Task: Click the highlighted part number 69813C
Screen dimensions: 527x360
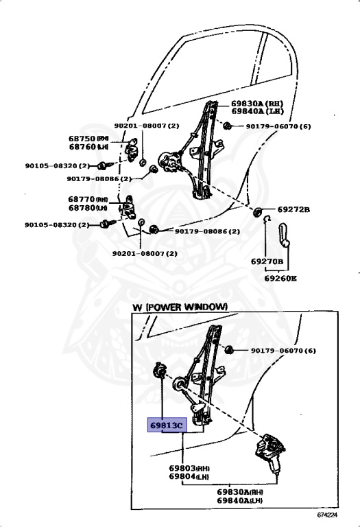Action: pos(167,425)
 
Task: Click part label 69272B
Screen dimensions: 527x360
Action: pos(293,209)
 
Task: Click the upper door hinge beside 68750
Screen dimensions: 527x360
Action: pos(134,148)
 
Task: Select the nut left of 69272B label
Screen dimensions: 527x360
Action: pos(259,211)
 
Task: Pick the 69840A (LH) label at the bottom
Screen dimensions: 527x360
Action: pos(240,502)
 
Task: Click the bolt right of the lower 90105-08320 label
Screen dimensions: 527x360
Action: pos(106,223)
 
